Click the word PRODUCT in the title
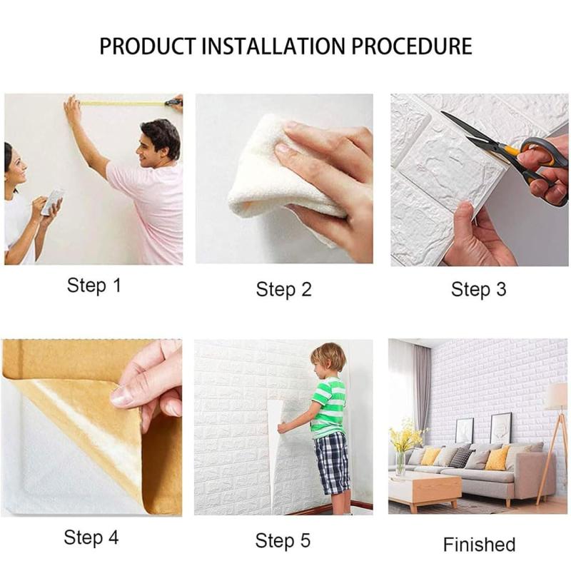148,46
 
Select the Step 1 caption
94,285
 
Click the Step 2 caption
283,290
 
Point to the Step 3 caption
478,290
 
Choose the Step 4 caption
91,537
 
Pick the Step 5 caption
283,540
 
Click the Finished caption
479,545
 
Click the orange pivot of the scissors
511,150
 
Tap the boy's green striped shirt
329,408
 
